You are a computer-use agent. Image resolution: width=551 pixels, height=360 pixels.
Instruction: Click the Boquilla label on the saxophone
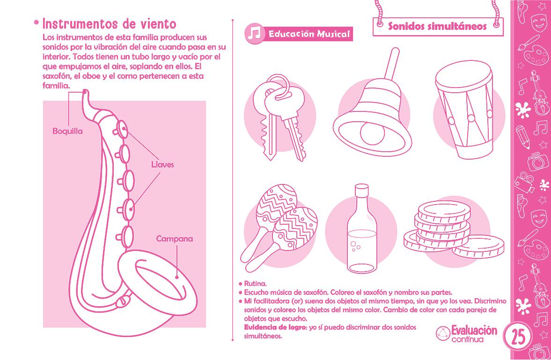coord(67,131)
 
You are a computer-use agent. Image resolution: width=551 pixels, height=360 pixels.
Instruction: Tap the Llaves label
coord(162,164)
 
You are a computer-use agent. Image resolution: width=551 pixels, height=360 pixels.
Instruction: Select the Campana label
coord(175,239)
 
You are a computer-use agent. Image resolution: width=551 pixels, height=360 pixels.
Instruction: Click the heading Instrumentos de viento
coord(109,24)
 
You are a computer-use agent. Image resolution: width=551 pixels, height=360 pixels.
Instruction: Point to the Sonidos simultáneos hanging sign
coord(438,26)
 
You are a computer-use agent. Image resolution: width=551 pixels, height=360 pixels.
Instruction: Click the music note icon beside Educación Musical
coord(254,34)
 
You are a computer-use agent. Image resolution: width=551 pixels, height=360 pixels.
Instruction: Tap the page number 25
coord(518,337)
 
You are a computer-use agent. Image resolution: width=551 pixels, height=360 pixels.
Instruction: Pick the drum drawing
coord(464,110)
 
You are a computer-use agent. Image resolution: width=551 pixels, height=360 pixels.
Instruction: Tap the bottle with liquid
coord(361,228)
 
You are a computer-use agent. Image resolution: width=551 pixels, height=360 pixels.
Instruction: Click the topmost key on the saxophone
coord(122,129)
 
